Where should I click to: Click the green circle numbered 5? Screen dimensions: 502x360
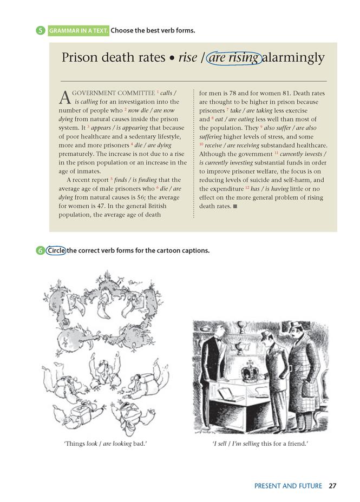pos(41,30)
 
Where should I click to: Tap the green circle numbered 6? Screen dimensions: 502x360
pos(41,250)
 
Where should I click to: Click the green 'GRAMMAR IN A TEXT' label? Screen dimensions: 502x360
pos(78,30)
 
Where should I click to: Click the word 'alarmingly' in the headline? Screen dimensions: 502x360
pos(293,57)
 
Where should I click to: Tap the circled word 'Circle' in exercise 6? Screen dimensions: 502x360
pos(56,250)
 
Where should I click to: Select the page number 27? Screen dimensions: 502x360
pos(332,486)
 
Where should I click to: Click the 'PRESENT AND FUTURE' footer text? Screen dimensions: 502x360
pos(288,486)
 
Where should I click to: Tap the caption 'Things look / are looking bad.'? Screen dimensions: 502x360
pos(106,444)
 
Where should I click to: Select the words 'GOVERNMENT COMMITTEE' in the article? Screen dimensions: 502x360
pos(113,93)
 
